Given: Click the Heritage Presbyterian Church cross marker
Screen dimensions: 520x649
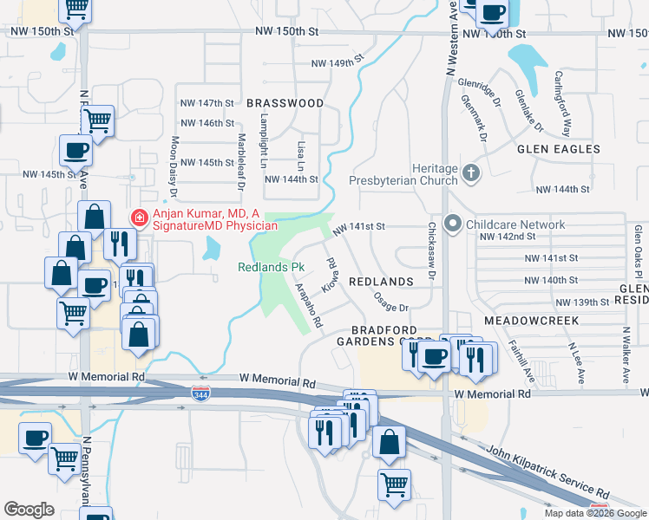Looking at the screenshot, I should tap(471, 172).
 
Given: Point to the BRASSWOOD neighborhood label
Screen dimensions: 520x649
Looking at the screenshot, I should tap(285, 103).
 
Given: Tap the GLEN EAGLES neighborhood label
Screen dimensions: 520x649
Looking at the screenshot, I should tap(559, 149).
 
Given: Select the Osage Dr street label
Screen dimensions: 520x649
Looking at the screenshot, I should tap(390, 302).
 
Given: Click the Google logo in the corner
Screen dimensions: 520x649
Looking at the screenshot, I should tap(29, 509).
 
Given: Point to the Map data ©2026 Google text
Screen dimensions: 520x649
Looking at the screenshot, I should tap(594, 513).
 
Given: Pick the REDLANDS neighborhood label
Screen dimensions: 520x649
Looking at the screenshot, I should tap(380, 283).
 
